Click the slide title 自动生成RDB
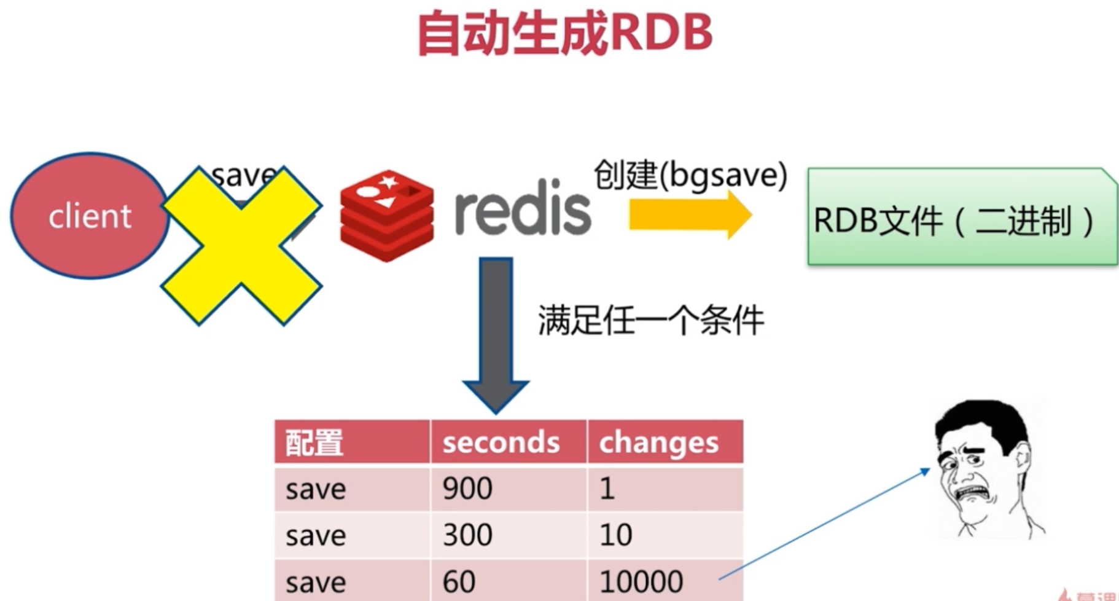[565, 34]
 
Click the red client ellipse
[89, 216]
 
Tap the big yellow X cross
[241, 246]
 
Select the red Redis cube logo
[387, 215]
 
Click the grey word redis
[523, 209]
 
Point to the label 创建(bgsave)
[690, 175]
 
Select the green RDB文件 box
[962, 218]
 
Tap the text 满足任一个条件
[651, 320]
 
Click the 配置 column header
[351, 442]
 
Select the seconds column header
[508, 442]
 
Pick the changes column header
[665, 442]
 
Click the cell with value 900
[508, 489]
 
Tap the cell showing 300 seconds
[508, 535]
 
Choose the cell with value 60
[508, 581]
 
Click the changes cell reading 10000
[665, 581]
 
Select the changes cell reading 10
[665, 535]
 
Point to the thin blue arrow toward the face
[823, 525]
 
